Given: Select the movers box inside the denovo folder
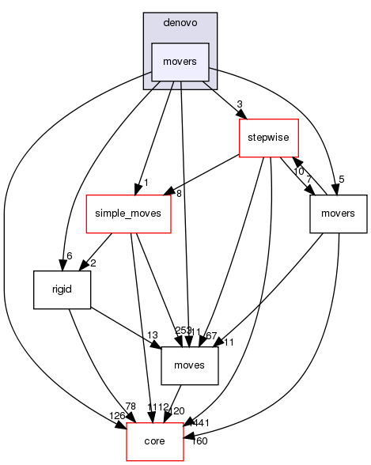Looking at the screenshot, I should (180, 62).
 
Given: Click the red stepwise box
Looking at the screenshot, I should (268, 138).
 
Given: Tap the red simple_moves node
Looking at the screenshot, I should (128, 214).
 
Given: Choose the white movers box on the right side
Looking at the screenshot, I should (339, 214).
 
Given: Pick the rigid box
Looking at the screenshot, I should (61, 289).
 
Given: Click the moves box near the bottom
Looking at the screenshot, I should (190, 365).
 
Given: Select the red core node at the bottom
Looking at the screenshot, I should (154, 440).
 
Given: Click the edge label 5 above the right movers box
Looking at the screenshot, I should (341, 180).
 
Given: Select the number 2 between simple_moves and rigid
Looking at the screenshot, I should (93, 263).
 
